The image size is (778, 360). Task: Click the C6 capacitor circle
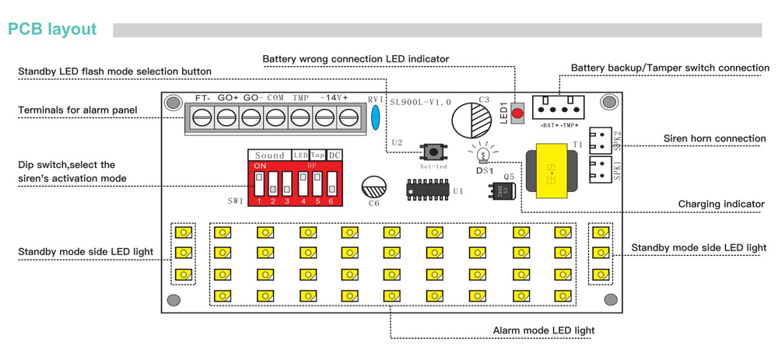pyautogui.click(x=373, y=188)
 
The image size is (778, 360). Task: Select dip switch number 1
pyautogui.click(x=259, y=184)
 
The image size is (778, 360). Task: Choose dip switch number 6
pyautogui.click(x=331, y=184)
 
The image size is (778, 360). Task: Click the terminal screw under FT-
pyautogui.click(x=202, y=118)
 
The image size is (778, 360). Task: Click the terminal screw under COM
pyautogui.click(x=275, y=118)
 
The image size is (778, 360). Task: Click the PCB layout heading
pyautogui.click(x=53, y=30)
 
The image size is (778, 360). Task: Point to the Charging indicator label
pyautogui.click(x=721, y=204)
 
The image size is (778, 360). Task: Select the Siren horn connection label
pyautogui.click(x=714, y=139)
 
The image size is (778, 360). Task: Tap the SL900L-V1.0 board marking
pyautogui.click(x=420, y=102)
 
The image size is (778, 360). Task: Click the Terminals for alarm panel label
pyautogui.click(x=78, y=110)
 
